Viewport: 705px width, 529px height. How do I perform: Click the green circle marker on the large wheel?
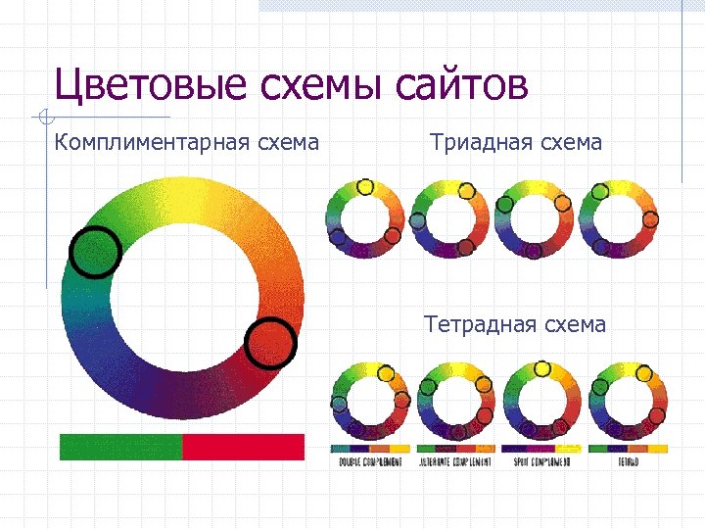tap(95, 252)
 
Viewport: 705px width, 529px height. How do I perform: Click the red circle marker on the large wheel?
tap(269, 343)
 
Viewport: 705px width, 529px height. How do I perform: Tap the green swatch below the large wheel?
tap(120, 447)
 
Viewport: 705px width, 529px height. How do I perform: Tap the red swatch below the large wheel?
tap(244, 447)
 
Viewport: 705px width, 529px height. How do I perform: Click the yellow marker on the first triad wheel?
tap(365, 186)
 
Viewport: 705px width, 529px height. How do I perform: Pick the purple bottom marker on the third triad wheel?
tap(534, 251)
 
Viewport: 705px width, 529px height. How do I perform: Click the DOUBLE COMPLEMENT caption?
tap(371, 461)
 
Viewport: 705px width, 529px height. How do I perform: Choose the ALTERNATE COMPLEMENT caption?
tap(455, 461)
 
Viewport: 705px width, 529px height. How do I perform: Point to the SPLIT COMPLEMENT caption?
tap(540, 461)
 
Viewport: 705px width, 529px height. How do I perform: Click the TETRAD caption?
tap(628, 461)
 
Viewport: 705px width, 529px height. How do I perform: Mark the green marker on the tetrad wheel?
tap(599, 387)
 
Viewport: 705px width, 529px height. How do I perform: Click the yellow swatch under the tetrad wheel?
tap(658, 449)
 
